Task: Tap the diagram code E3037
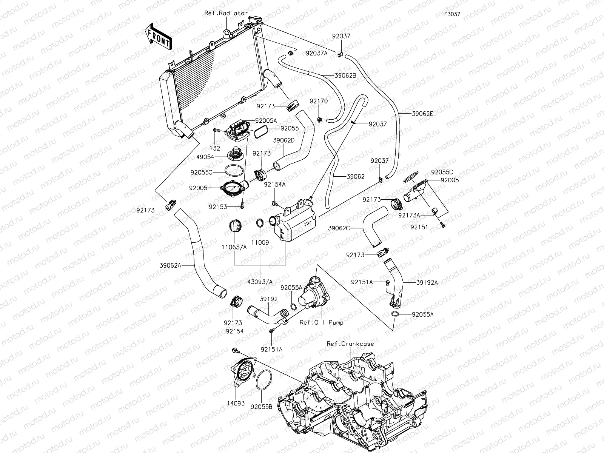coord(452,14)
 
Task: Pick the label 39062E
coord(422,113)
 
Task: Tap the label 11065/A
coord(234,247)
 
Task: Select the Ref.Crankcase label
coord(350,344)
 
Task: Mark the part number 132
coord(217,148)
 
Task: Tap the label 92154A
coord(275,184)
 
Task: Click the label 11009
coord(261,242)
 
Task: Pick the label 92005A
coord(266,120)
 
